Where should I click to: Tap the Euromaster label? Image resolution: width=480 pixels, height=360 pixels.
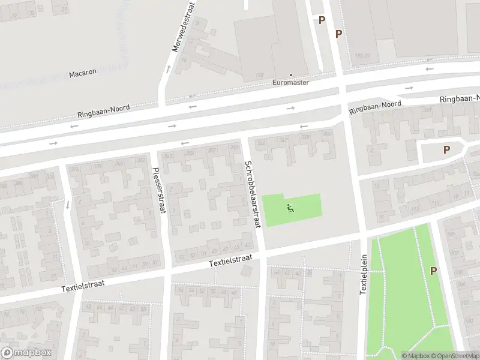[x=290, y=83]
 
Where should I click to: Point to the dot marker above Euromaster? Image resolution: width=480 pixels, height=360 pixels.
[x=291, y=76]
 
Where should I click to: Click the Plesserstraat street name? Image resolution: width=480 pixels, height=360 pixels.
[x=160, y=189]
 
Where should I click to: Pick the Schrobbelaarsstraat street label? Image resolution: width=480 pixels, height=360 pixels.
[x=252, y=193]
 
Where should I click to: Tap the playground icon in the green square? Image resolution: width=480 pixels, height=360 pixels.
[x=290, y=209]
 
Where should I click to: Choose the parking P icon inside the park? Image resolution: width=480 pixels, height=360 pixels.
[x=433, y=271]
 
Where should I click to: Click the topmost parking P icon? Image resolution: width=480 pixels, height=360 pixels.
[x=322, y=20]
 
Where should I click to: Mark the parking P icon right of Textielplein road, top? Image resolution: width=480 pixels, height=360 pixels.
[x=339, y=34]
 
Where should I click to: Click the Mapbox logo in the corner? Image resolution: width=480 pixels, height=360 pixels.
[x=26, y=353]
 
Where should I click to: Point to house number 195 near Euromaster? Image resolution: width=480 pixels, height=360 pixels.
[x=259, y=75]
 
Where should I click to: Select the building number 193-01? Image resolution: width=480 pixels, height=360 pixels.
[x=362, y=56]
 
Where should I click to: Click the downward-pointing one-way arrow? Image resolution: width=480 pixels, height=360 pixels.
[x=67, y=204]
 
